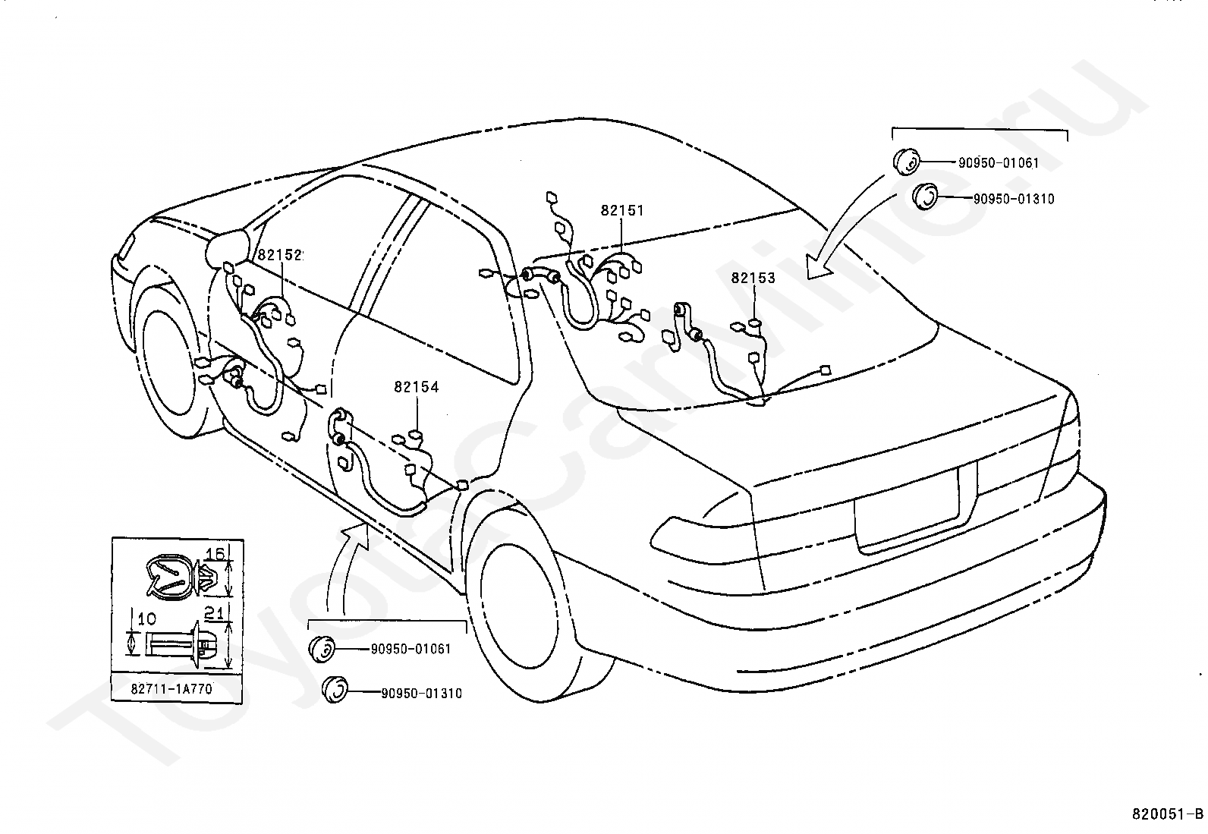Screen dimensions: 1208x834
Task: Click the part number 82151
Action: [x=622, y=210]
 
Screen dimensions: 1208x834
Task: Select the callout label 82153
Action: [x=753, y=278]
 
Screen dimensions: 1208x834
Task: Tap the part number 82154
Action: [x=417, y=387]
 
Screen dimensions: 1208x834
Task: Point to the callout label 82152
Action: [x=280, y=255]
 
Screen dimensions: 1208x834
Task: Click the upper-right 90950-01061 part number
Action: [x=999, y=162]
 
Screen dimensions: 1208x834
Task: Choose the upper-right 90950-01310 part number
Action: [x=1013, y=199]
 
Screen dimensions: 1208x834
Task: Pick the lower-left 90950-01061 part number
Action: [x=411, y=649]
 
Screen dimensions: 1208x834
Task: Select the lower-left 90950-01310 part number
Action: [x=422, y=693]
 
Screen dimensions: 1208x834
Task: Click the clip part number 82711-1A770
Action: [x=171, y=689]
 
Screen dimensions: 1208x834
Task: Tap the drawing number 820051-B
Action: [x=1166, y=814]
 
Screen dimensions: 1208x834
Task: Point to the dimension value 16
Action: [x=215, y=553]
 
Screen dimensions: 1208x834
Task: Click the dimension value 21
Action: [x=214, y=613]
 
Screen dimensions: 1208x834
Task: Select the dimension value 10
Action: [x=146, y=618]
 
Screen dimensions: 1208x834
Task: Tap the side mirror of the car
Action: [x=228, y=247]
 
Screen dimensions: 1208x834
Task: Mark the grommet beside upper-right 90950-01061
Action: [x=905, y=162]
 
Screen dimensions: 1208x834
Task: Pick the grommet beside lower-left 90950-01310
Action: [x=335, y=690]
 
